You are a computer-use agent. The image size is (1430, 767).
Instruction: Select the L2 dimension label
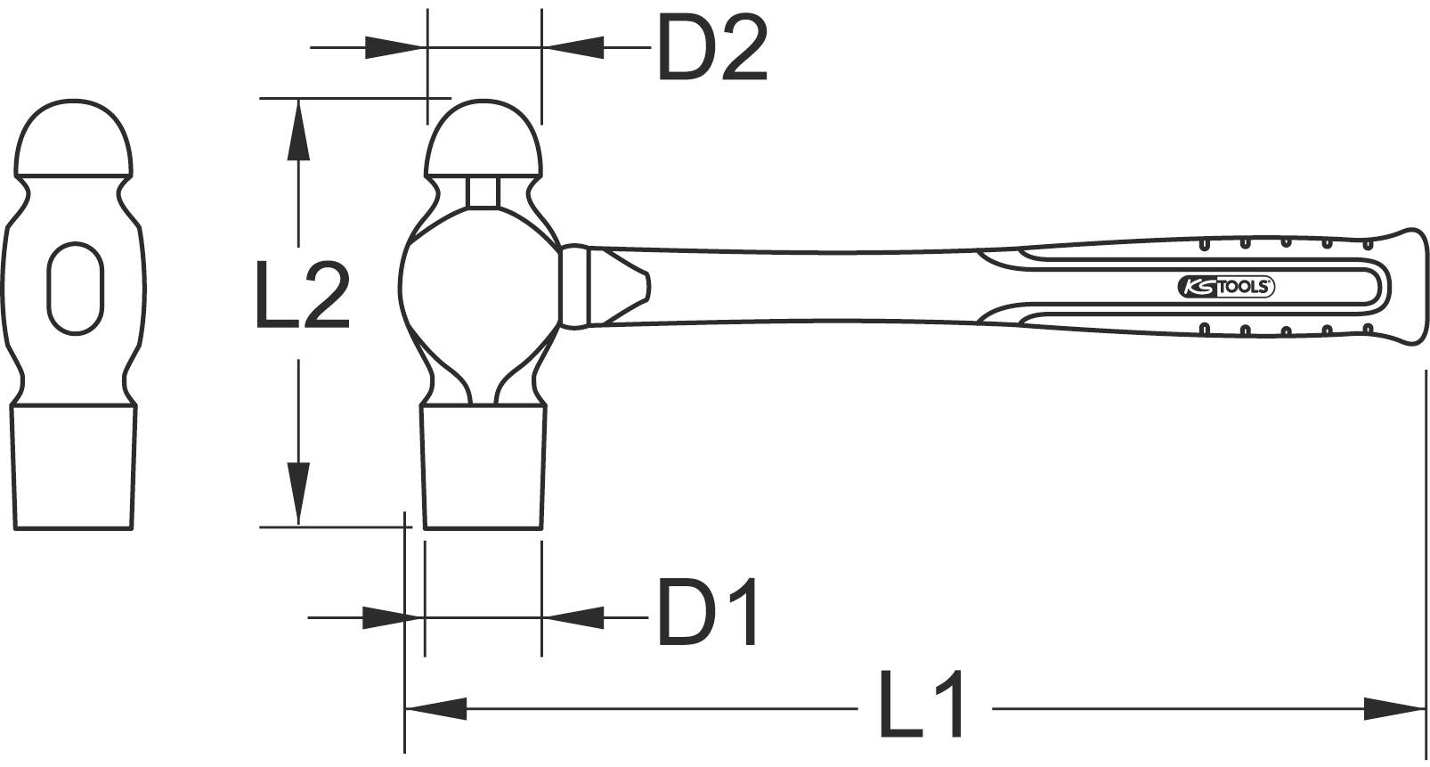pyautogui.click(x=301, y=295)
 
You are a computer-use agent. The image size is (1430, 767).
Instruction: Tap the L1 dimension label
pyautogui.click(x=922, y=706)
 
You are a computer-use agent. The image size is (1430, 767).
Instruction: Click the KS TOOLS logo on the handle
pyautogui.click(x=1227, y=286)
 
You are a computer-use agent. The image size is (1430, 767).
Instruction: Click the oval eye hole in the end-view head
pyautogui.click(x=76, y=289)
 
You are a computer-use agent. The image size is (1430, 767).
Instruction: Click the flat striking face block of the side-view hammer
pyautogui.click(x=483, y=467)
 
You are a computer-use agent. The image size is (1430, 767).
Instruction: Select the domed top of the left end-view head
pyautogui.click(x=75, y=139)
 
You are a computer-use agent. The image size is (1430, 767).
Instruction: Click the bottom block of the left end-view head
pyautogui.click(x=74, y=467)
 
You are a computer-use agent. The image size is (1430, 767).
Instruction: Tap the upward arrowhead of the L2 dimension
pyautogui.click(x=300, y=129)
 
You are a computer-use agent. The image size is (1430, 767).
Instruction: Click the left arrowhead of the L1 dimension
pyautogui.click(x=436, y=709)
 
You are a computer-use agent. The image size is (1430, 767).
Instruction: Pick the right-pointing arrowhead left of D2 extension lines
pyautogui.click(x=393, y=47)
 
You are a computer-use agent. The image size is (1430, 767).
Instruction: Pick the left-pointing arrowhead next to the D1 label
pyautogui.click(x=574, y=616)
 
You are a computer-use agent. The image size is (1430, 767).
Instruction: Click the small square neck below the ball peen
pyautogui.click(x=483, y=192)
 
